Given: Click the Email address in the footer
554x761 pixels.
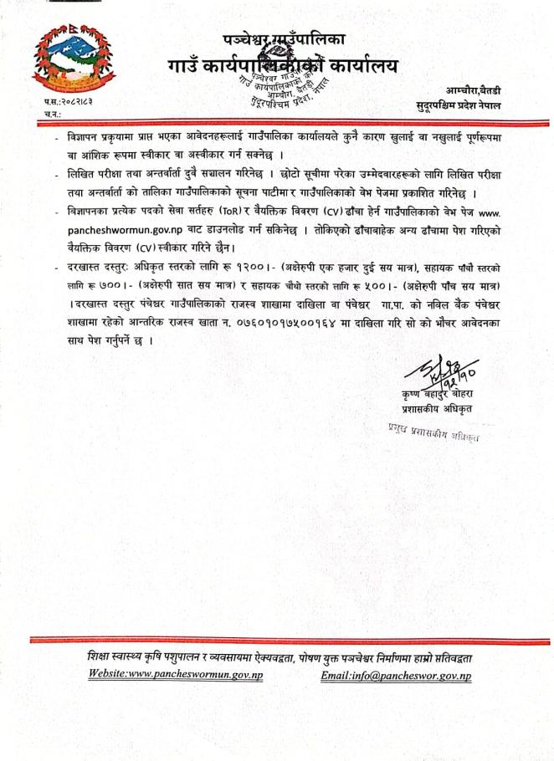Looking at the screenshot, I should [396, 675].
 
